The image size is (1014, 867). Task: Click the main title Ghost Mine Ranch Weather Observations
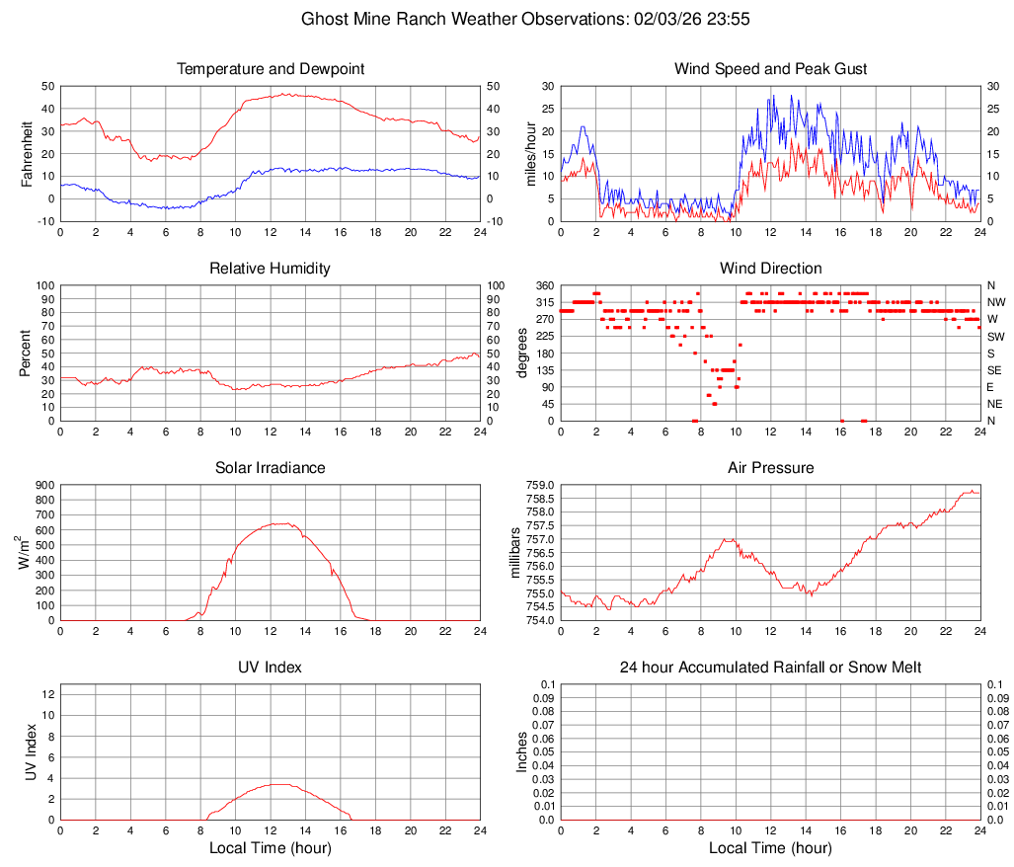(x=507, y=19)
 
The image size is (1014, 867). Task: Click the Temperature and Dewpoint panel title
(x=271, y=69)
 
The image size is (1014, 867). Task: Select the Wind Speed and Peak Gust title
(x=770, y=69)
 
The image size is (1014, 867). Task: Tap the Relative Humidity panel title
(x=271, y=269)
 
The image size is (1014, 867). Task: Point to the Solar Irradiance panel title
(x=271, y=468)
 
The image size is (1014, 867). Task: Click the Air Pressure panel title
(x=770, y=468)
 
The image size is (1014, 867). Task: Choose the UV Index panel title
(x=271, y=668)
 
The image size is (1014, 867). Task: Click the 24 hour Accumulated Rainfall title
(x=770, y=668)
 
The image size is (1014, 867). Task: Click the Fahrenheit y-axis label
(x=27, y=153)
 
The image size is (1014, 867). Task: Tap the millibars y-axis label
(x=513, y=552)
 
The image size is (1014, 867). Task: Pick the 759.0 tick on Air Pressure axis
(x=541, y=485)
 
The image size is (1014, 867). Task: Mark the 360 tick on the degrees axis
(x=543, y=285)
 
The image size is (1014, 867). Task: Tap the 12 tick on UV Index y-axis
(x=47, y=694)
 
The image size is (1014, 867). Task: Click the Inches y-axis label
(x=523, y=751)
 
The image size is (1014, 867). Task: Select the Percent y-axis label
(x=27, y=353)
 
